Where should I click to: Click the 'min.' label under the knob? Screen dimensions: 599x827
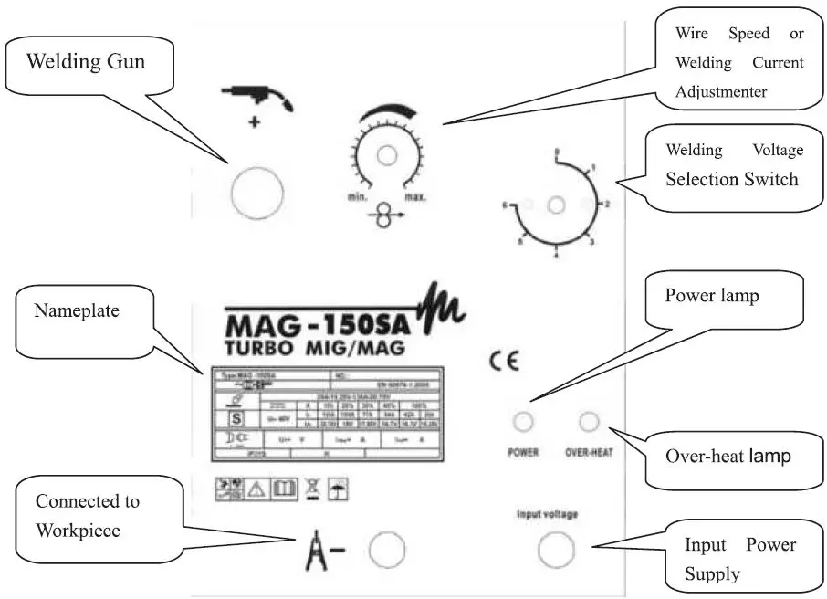356,197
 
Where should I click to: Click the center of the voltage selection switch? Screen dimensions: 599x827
555,206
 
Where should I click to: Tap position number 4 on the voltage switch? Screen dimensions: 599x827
556,255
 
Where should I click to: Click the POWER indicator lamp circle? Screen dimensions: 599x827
523,422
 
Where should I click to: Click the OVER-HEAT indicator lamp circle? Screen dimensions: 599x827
589,422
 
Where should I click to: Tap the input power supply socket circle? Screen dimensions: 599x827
555,550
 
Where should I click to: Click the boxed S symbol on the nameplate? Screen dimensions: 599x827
237,418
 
